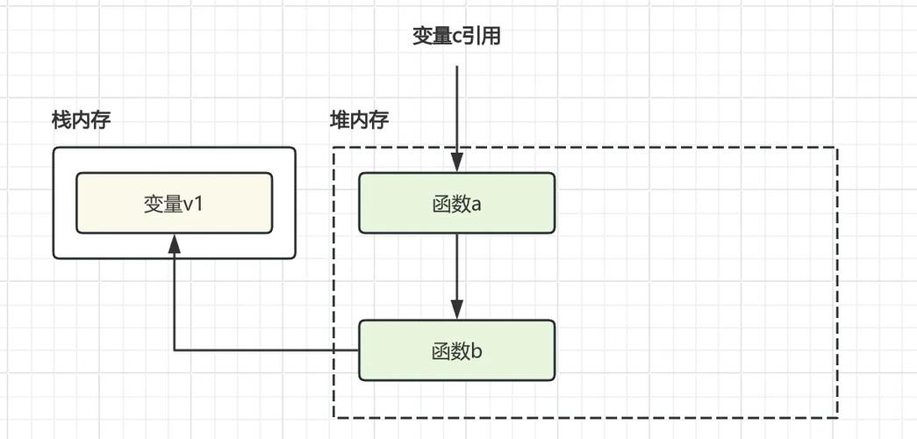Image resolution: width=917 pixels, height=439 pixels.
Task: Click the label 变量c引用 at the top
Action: (x=456, y=36)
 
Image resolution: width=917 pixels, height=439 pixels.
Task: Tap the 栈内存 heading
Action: (x=81, y=121)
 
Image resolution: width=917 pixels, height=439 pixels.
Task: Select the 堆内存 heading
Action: (x=359, y=120)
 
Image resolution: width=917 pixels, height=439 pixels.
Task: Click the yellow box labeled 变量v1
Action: (x=174, y=203)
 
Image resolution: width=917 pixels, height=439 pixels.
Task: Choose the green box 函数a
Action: (x=456, y=203)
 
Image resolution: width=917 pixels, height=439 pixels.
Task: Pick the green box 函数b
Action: (x=456, y=350)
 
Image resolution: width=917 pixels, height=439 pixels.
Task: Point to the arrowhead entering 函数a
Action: (x=456, y=162)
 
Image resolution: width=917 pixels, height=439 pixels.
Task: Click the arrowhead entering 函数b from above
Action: (x=456, y=310)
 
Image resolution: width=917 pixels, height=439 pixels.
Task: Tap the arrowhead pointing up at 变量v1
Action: (x=175, y=243)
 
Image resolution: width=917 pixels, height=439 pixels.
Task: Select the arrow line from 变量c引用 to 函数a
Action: (x=456, y=105)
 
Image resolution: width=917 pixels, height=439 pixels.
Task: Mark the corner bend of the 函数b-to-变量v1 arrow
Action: (x=175, y=350)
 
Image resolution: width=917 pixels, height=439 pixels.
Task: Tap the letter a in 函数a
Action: (x=477, y=204)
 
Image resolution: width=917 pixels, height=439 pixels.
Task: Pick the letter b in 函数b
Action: (x=477, y=351)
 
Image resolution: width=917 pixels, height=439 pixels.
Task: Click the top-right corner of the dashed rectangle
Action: (x=837, y=148)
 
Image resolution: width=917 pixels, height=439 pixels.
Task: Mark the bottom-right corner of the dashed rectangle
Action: (x=837, y=417)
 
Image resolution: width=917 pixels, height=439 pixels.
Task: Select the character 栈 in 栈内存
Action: (x=61, y=121)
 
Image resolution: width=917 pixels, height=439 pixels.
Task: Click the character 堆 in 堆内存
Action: (x=340, y=120)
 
